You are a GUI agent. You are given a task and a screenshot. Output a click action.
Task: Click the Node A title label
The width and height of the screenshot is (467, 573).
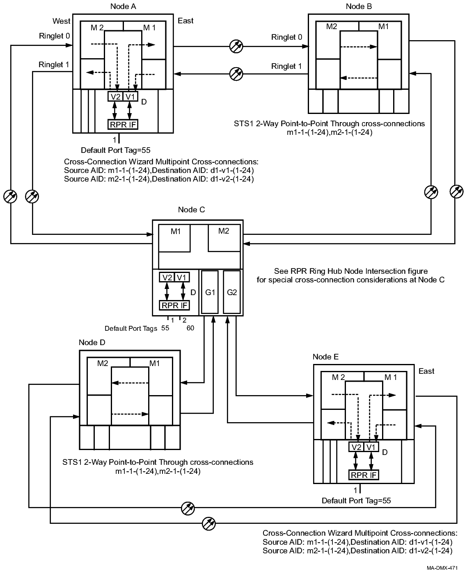pyautogui.click(x=123, y=6)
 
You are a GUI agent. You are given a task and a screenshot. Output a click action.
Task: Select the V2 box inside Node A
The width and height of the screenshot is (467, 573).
pyautogui.click(x=115, y=96)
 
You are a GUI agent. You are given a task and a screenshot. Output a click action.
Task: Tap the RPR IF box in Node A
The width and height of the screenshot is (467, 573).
pyautogui.click(x=123, y=124)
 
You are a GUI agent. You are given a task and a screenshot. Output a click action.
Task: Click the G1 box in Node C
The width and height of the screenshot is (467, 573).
pyautogui.click(x=210, y=292)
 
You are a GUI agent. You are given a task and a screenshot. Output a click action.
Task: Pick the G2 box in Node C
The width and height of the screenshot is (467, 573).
pyautogui.click(x=232, y=292)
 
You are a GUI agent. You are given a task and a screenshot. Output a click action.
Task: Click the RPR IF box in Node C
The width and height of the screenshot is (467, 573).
pyautogui.click(x=174, y=305)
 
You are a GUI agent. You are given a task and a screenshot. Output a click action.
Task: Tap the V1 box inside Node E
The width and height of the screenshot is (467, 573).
pyautogui.click(x=371, y=447)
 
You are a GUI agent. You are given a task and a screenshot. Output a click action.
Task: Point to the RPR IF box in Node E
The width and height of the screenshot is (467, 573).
pyautogui.click(x=363, y=475)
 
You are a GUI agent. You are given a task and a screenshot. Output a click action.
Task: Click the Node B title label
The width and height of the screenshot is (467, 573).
pyautogui.click(x=359, y=6)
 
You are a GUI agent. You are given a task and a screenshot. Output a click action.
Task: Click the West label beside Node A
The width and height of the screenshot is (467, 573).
pyautogui.click(x=62, y=21)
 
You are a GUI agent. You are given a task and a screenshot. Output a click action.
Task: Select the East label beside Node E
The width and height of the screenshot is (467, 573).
pyautogui.click(x=426, y=371)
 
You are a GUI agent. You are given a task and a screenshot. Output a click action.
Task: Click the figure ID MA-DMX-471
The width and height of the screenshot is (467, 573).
pyautogui.click(x=442, y=568)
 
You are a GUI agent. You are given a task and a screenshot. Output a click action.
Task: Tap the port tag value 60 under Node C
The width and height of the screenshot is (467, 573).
pyautogui.click(x=190, y=328)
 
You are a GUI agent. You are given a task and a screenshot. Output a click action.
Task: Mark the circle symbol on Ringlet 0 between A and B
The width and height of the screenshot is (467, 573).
pyautogui.click(x=236, y=46)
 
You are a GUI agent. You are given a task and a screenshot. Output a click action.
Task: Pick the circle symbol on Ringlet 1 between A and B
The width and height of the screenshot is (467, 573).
pyautogui.click(x=236, y=74)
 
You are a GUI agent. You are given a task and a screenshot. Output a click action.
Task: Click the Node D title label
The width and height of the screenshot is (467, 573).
pyautogui.click(x=92, y=343)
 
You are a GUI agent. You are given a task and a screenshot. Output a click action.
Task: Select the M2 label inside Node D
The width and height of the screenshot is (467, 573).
pyautogui.click(x=103, y=363)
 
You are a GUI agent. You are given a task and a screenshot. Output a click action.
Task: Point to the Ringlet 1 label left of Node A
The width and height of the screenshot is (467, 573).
pyautogui.click(x=54, y=64)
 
